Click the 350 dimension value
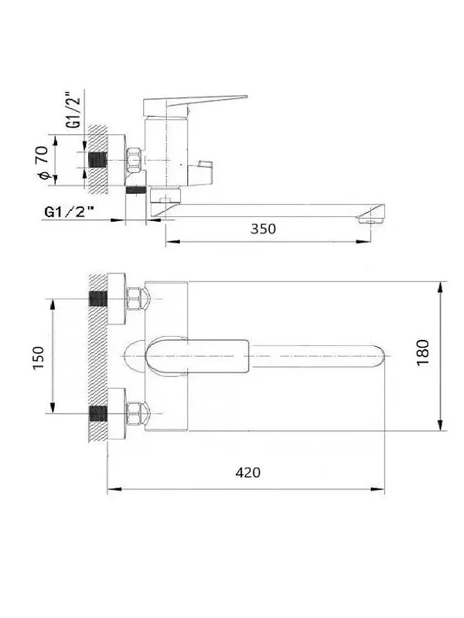[263, 229]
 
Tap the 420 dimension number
[247, 472]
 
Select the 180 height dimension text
[422, 352]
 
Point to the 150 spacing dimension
[39, 357]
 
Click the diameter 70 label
[43, 162]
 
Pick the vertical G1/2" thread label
[73, 110]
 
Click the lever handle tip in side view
[246, 96]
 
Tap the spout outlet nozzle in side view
[371, 219]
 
